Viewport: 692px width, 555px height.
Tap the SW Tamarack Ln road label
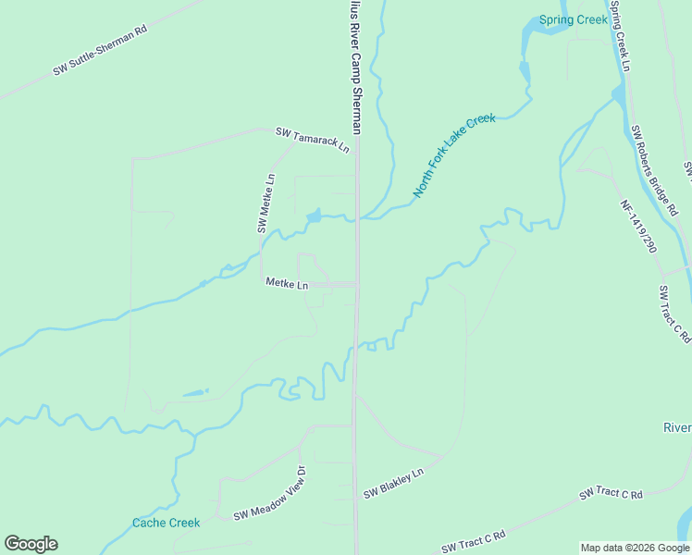[314, 140]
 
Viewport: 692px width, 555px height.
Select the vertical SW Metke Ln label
[266, 203]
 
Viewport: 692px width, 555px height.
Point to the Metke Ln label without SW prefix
[287, 284]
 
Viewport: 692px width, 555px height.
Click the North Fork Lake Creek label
[454, 155]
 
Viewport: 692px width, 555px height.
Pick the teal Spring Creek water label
[574, 19]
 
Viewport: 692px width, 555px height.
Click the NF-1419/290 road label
[637, 228]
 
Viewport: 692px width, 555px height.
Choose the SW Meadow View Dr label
[268, 504]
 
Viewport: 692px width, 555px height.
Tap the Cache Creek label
[166, 523]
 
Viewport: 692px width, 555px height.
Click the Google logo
[31, 544]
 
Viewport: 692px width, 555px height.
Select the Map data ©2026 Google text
[635, 548]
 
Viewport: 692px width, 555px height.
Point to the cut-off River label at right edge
[676, 427]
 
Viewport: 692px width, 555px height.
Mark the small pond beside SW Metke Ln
[314, 216]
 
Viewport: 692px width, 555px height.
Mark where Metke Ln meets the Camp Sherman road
[357, 285]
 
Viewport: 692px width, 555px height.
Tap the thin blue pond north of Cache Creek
[195, 394]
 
